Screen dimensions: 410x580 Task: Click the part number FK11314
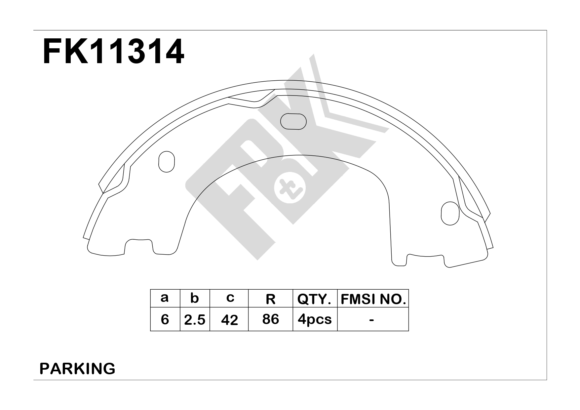point(113,52)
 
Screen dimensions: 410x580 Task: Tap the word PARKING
point(77,368)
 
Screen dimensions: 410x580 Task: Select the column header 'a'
point(164,298)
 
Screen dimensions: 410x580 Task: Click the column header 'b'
point(195,298)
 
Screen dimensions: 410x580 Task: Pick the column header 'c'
point(230,298)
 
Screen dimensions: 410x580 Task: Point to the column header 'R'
point(270,299)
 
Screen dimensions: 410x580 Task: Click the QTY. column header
point(314,299)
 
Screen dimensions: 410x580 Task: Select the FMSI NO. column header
point(373,299)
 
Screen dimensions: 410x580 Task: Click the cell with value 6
point(165,319)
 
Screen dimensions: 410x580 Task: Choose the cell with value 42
point(229,320)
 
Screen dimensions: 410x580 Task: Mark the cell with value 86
point(270,319)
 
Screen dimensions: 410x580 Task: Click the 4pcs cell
point(315,319)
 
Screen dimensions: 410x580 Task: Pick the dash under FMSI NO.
point(372,320)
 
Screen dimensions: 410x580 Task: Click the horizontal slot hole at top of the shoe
point(293,121)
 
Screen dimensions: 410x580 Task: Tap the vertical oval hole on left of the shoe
point(167,161)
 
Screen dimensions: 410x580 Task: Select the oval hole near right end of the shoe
point(450,213)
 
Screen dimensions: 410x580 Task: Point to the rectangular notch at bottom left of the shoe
point(139,247)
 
